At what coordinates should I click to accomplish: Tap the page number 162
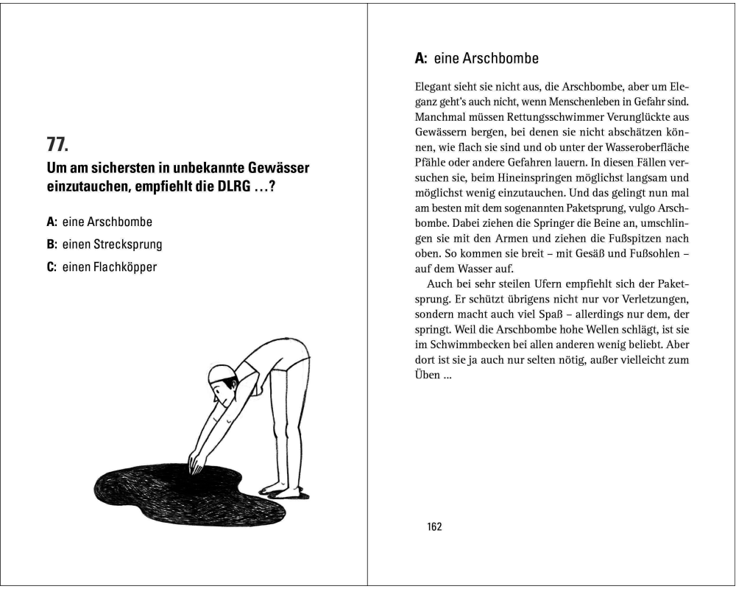434,526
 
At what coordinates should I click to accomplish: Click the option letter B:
52,244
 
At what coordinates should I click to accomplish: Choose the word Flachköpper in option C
125,267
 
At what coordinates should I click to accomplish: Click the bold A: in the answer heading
422,58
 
